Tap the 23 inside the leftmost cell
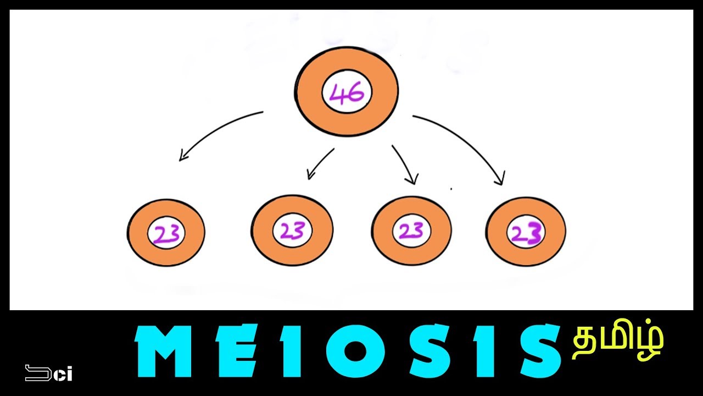[166, 234]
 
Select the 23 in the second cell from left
[292, 231]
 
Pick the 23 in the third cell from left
[411, 231]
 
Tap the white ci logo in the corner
[49, 373]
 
